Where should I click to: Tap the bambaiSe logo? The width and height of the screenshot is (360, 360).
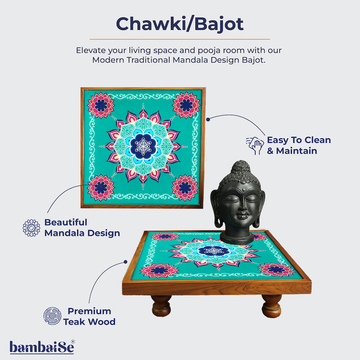[42, 347]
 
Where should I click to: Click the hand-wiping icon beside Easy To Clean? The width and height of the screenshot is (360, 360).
[255, 145]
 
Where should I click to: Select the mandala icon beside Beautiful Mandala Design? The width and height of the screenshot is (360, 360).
[31, 228]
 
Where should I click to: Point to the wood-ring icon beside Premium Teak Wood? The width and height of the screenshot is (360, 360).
[52, 316]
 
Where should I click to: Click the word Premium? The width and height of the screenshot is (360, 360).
[89, 311]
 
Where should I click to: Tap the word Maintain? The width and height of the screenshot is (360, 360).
[296, 150]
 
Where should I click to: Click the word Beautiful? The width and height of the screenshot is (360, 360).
[66, 222]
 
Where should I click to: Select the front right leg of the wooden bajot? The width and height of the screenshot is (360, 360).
[271, 306]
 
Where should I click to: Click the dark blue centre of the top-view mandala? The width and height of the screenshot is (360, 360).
[143, 146]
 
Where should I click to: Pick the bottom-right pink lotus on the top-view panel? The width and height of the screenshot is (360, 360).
[185, 188]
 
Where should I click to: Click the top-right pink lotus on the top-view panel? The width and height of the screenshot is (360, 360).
[186, 105]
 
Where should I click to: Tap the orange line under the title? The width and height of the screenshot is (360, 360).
[180, 39]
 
